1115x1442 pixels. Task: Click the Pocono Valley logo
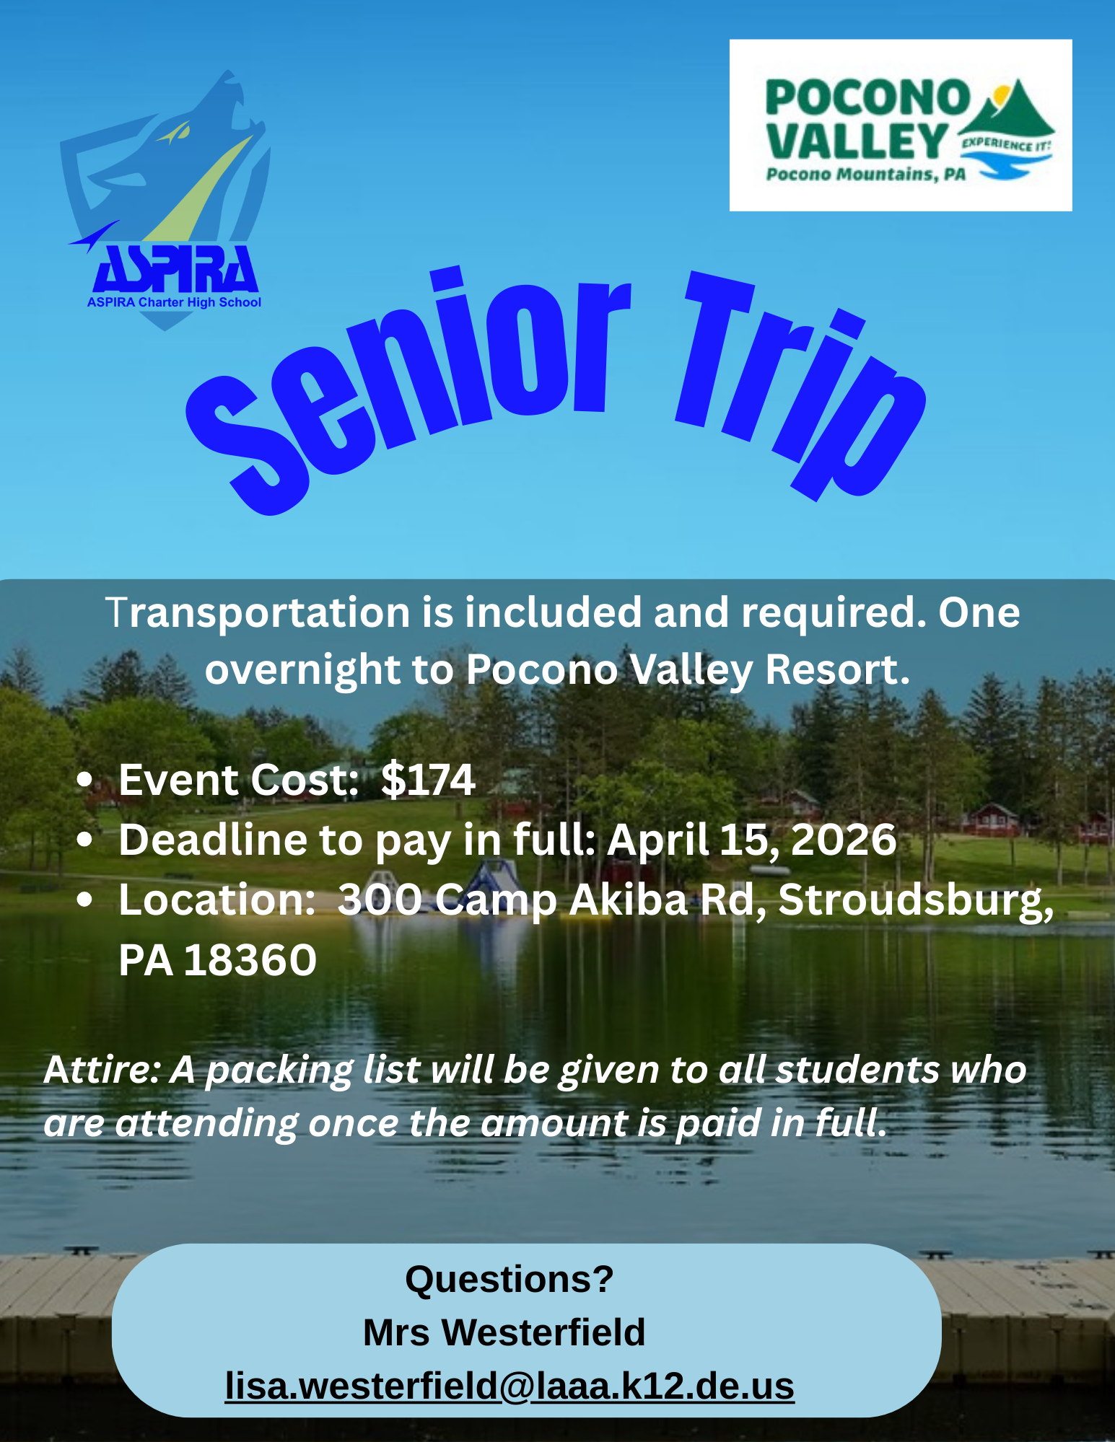point(900,125)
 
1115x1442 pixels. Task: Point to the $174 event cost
point(428,780)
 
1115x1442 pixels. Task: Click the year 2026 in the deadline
point(844,840)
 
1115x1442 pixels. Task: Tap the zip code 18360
point(250,960)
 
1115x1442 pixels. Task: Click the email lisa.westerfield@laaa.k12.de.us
point(510,1386)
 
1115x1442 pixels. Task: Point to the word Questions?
point(510,1280)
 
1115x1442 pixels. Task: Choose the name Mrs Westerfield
point(504,1332)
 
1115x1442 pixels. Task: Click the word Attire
point(101,1069)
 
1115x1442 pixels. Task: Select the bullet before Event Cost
point(85,781)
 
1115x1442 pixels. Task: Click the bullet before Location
point(85,900)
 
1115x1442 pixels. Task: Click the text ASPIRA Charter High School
point(174,302)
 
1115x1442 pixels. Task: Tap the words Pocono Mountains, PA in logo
point(865,175)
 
